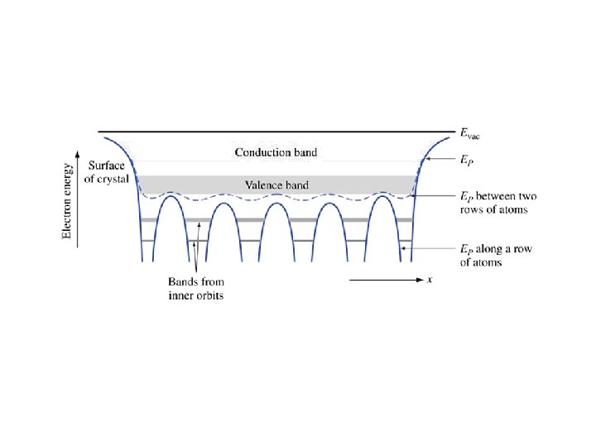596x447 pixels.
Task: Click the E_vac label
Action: pyautogui.click(x=470, y=132)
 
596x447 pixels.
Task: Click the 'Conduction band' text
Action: pyautogui.click(x=276, y=152)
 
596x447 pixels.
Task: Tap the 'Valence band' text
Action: pyautogui.click(x=276, y=185)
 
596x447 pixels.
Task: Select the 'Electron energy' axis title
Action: pyautogui.click(x=69, y=198)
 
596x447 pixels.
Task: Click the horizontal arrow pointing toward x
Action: pyautogui.click(x=386, y=281)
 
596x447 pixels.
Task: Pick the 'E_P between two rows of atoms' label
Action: pyautogui.click(x=498, y=203)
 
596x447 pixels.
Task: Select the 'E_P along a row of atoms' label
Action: pyautogui.click(x=497, y=255)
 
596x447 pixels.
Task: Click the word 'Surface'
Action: pyautogui.click(x=107, y=166)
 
